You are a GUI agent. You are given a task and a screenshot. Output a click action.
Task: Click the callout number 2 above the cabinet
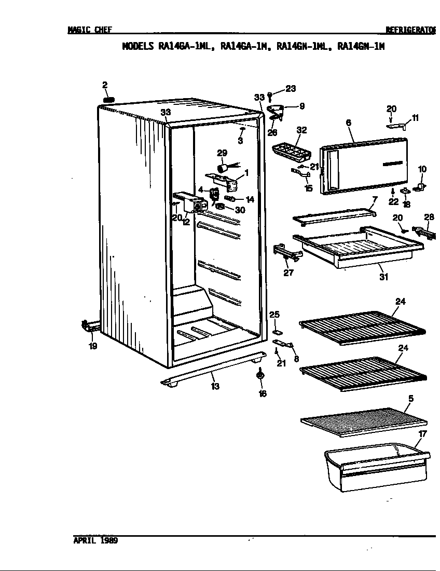[105, 85]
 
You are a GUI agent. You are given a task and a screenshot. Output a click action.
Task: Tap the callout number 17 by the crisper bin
[422, 433]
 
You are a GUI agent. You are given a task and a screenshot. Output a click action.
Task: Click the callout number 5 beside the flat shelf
[410, 399]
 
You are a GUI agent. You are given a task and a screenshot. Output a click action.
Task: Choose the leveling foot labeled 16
[260, 375]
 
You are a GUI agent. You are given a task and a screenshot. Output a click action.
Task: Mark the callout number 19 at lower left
[93, 346]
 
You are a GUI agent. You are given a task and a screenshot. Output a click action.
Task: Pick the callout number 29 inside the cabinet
[222, 153]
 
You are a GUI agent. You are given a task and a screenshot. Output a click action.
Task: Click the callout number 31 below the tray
[383, 277]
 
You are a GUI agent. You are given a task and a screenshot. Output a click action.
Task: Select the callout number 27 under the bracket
[288, 273]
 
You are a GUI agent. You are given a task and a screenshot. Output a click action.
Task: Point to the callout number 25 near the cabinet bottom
[274, 315]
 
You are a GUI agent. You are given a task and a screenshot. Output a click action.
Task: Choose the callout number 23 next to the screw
[291, 88]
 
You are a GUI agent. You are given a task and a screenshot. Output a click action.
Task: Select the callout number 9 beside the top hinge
[301, 106]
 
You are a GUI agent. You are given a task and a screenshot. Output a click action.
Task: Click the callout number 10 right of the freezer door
[422, 169]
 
